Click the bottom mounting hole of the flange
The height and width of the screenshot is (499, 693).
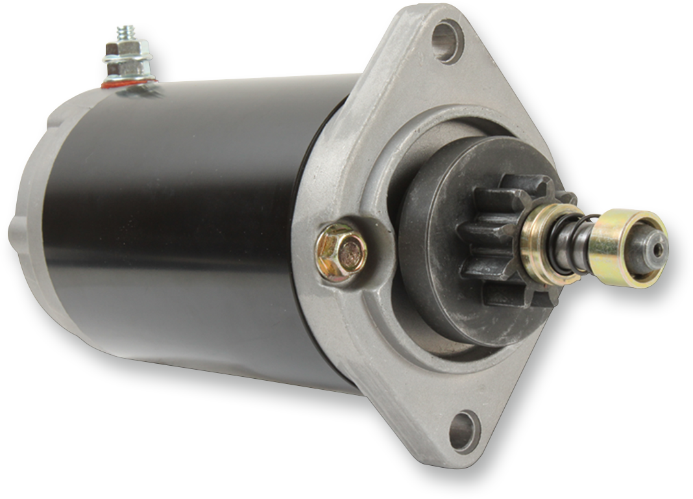coord(464,431)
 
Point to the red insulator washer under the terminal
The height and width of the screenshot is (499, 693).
coord(129,83)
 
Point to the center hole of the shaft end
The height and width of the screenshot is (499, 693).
coord(658,248)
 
